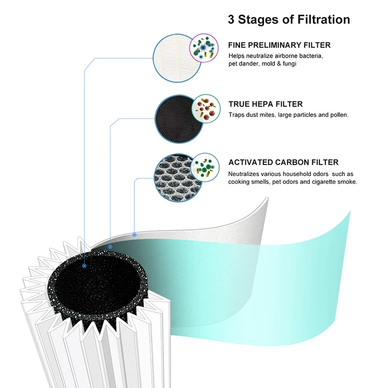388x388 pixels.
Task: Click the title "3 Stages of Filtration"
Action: pos(289,20)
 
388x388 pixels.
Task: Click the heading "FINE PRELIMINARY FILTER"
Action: pos(279,45)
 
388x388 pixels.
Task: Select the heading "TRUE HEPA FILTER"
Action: pos(265,104)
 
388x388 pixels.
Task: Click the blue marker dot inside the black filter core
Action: pos(85,266)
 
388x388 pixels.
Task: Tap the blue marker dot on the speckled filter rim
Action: pos(111,246)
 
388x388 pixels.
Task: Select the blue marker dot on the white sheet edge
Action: pos(134,235)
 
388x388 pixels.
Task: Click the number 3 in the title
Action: pos(231,20)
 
